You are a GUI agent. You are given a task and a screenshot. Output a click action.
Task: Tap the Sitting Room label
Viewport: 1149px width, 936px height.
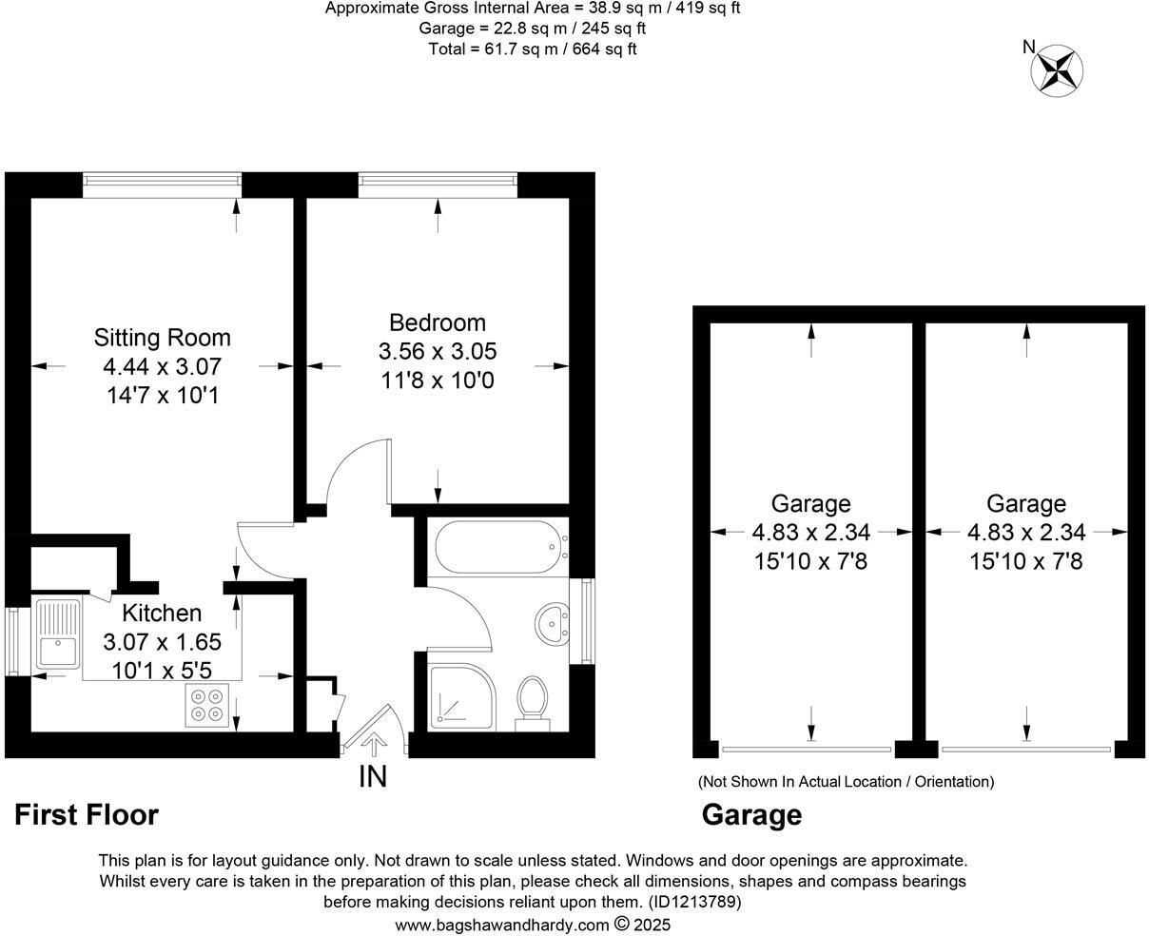point(162,338)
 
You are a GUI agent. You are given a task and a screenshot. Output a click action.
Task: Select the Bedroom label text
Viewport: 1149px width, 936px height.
point(438,322)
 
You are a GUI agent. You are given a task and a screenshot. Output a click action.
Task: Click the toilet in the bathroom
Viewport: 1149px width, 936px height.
point(532,702)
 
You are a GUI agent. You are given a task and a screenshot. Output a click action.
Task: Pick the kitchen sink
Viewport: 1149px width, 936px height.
point(58,634)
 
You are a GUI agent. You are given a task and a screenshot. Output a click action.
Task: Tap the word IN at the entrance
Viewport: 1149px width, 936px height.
point(373,777)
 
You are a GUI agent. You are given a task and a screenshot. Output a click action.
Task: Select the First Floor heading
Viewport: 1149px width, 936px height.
point(87,815)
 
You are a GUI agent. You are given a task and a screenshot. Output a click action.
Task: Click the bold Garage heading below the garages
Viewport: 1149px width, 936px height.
point(751,815)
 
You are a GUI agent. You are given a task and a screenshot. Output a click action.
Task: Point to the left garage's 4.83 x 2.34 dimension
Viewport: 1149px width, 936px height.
point(810,533)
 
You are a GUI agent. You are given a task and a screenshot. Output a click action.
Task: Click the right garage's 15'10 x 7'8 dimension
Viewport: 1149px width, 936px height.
point(1025,561)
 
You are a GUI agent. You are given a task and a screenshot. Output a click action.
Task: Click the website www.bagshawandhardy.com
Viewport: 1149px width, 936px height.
point(501,925)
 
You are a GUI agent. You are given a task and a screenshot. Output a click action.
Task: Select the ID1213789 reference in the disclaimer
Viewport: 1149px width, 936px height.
point(694,902)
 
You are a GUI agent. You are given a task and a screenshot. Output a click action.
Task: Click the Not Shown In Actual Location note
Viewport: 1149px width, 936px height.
point(846,782)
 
